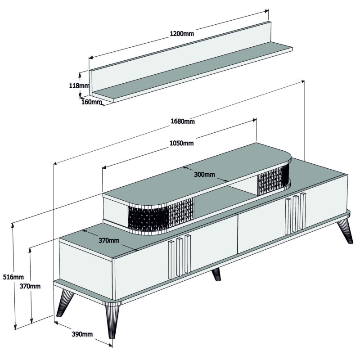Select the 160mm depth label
(92, 102)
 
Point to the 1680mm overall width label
(182, 121)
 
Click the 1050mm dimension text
(181, 144)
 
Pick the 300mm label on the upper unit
(204, 174)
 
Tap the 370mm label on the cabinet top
(109, 240)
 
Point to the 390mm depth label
(82, 334)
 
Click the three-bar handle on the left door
(179, 257)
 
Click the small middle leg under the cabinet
(216, 273)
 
